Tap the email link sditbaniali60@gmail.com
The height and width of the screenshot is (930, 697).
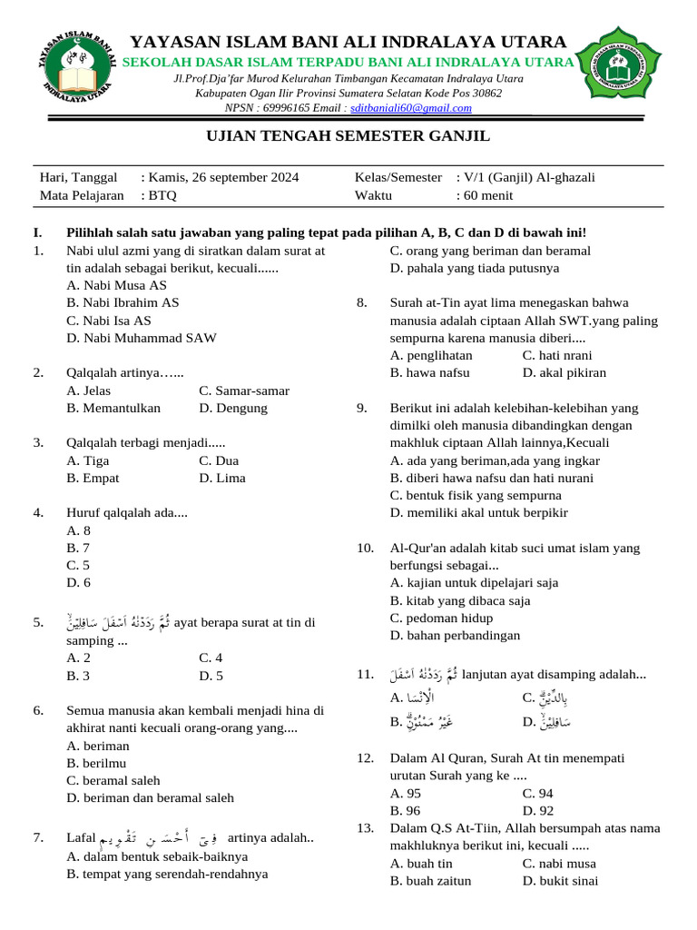click(411, 108)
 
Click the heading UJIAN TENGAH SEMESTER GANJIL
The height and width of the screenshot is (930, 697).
click(348, 136)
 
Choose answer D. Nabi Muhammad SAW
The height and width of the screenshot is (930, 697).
click(142, 338)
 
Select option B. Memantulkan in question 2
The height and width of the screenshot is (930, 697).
click(113, 408)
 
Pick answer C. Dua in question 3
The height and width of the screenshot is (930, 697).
click(219, 460)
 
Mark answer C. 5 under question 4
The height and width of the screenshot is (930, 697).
click(79, 565)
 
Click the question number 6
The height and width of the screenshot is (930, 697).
click(38, 710)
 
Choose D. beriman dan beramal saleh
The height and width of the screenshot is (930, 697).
click(150, 797)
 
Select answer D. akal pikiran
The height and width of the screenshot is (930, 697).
click(564, 372)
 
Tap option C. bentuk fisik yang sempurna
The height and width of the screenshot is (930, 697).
click(476, 495)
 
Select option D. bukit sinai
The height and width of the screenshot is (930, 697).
click(560, 879)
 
